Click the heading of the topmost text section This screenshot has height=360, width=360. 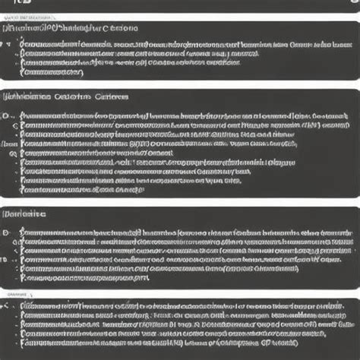tap(72, 29)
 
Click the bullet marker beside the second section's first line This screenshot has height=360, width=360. tap(7, 115)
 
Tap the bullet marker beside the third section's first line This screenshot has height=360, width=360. tap(7, 232)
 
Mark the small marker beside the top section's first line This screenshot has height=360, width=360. tap(8, 44)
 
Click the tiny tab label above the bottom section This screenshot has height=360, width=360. tap(15, 292)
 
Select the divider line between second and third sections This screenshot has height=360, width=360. tap(180, 204)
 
